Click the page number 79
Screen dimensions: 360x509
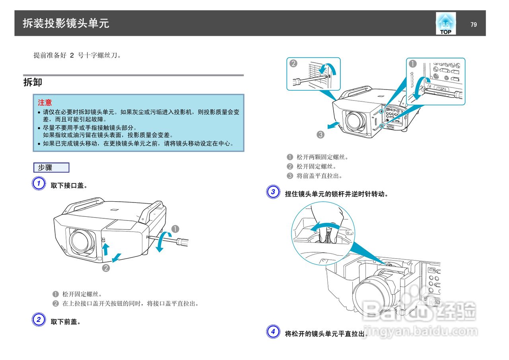[x=473, y=25]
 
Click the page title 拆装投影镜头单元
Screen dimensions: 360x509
[x=66, y=23]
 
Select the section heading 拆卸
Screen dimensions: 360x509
[x=33, y=83]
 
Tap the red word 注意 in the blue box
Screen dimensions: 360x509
[x=45, y=103]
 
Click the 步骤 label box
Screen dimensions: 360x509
[x=51, y=167]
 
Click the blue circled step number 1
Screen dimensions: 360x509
[x=38, y=184]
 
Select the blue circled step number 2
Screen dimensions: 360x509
[x=38, y=320]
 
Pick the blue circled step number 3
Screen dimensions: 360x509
[x=272, y=193]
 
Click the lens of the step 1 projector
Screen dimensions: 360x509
[x=82, y=242]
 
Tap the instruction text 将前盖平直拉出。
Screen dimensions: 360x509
[x=319, y=176]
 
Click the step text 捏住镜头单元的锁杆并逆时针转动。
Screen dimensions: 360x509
[x=336, y=194]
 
